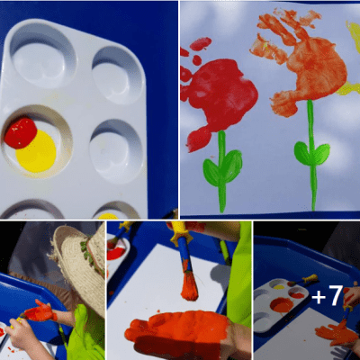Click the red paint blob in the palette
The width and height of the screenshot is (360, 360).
pos(20,133)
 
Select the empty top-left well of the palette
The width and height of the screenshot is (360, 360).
pos(42,55)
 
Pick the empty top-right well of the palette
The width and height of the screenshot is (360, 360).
pos(118,72)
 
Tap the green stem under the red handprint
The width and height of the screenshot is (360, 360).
pos(221,175)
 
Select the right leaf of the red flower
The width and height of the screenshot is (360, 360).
pos(232,166)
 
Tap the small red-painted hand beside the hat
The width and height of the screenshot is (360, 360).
pos(40,313)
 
